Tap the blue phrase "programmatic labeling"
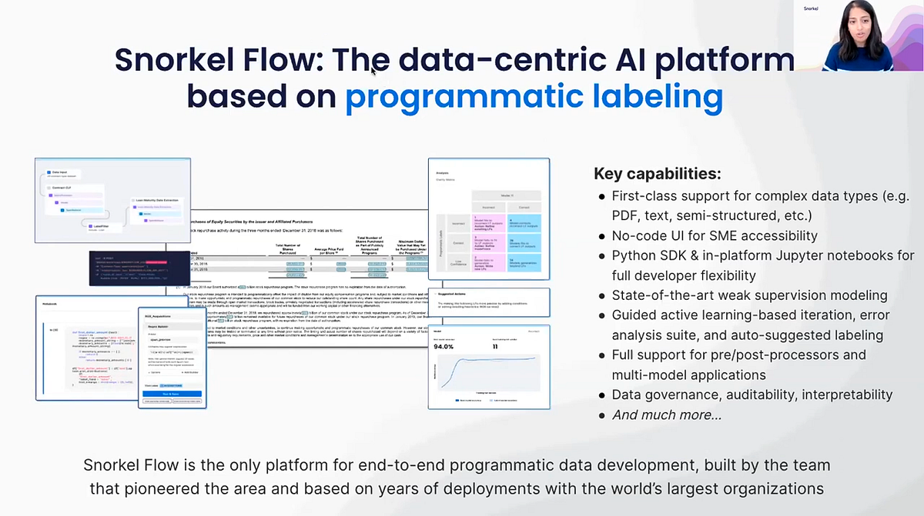[534, 97]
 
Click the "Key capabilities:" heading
[657, 174]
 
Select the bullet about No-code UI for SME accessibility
[714, 235]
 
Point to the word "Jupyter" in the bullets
[815, 255]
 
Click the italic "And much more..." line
[667, 414]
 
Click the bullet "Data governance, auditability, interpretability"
[752, 394]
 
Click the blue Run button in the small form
[172, 393]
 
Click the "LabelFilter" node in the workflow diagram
[99, 226]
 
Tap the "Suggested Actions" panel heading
[455, 293]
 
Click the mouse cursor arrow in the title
[373, 71]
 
